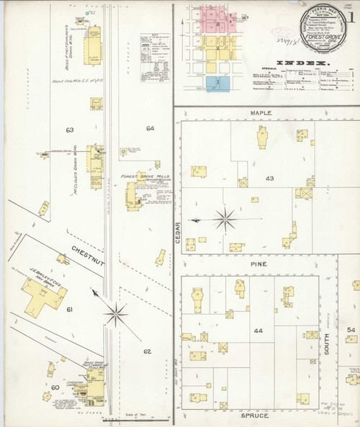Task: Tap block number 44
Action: pos(258,332)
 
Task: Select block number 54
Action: pos(351,329)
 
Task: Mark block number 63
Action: pos(70,130)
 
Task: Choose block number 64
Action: pos(150,128)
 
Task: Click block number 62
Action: pos(146,351)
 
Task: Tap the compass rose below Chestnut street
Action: pos(115,313)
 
